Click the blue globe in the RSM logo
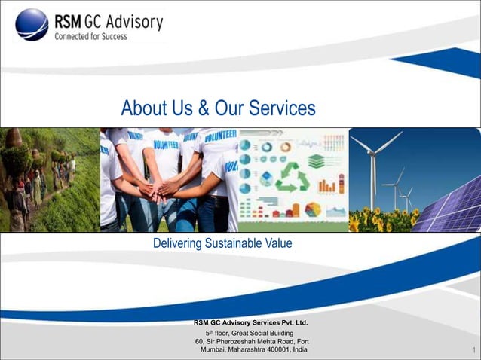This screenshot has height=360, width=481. click(32, 24)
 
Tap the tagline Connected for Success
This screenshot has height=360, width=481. click(90, 36)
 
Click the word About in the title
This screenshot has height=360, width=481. click(146, 108)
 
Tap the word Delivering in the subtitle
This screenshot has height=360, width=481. click(178, 243)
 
